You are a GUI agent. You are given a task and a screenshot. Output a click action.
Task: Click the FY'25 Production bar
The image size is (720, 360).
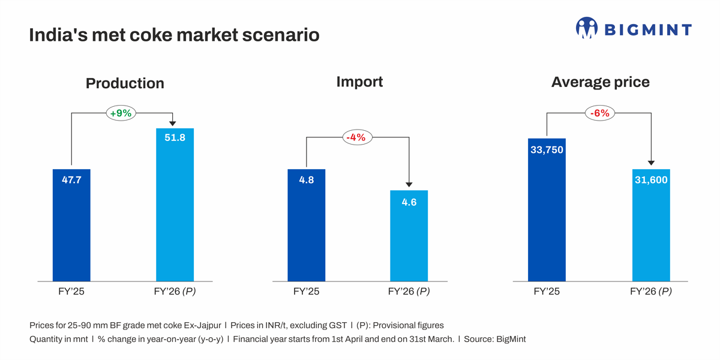tap(71, 225)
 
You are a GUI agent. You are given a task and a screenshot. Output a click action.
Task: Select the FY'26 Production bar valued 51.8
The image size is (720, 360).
tap(175, 205)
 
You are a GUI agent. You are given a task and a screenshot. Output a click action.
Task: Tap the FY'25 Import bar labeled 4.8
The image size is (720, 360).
tap(306, 225)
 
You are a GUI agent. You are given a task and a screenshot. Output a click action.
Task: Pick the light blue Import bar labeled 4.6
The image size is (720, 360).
tap(409, 236)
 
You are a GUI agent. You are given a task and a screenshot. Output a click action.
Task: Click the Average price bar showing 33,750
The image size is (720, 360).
tap(547, 209)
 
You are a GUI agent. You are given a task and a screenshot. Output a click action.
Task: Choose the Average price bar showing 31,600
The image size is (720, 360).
tap(651, 225)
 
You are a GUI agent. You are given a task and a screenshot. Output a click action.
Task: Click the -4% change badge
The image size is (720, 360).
tap(357, 137)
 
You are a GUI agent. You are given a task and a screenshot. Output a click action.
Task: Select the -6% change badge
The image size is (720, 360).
tap(600, 112)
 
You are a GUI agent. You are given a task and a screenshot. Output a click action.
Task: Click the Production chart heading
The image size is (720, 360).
tap(125, 83)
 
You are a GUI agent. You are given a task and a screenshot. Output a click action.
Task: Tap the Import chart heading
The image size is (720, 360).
tap(359, 82)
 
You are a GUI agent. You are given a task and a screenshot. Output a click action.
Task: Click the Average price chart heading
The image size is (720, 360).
tap(600, 82)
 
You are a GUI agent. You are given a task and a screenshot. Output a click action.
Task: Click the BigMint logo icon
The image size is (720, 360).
tap(586, 28)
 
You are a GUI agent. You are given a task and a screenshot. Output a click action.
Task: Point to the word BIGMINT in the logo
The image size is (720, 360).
tap(647, 30)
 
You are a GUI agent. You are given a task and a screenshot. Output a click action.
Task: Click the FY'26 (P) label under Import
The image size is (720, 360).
tap(409, 292)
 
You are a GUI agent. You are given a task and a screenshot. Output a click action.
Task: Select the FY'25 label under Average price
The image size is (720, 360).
tap(547, 292)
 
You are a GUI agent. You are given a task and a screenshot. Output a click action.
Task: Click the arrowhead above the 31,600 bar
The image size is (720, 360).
tap(651, 163)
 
